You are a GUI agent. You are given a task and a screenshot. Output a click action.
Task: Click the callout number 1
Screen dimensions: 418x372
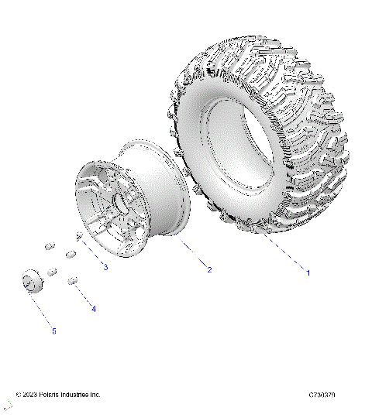click(x=308, y=272)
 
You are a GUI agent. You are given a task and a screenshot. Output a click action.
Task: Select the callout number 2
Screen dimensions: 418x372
click(x=208, y=269)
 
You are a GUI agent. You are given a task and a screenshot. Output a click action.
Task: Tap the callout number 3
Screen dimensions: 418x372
click(x=105, y=267)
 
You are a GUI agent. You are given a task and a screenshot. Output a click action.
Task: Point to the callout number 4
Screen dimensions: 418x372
click(x=94, y=308)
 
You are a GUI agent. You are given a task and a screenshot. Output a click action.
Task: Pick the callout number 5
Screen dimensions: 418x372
click(x=53, y=331)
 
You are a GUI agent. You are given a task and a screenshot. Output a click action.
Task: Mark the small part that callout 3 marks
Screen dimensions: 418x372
click(x=81, y=236)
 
